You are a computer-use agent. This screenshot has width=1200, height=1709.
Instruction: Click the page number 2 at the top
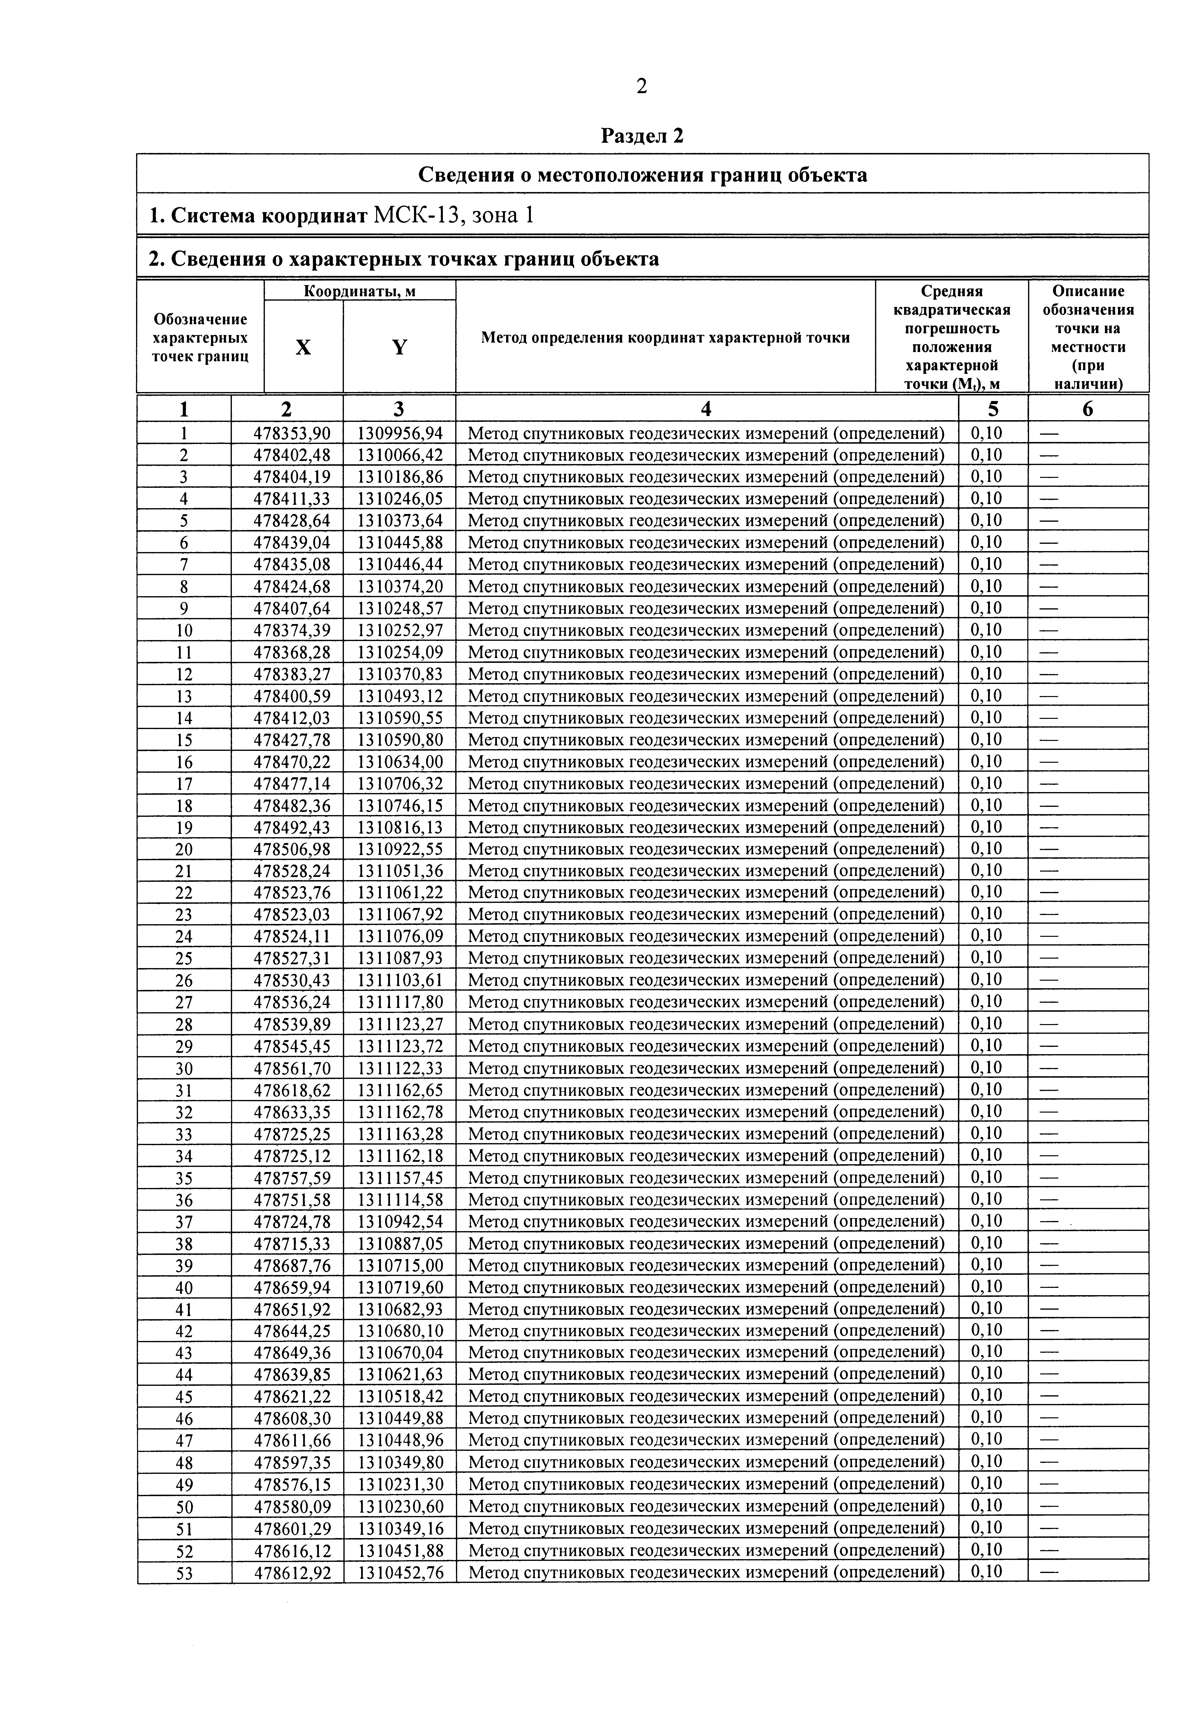tap(642, 87)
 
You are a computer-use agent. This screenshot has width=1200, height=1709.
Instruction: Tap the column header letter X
tap(303, 347)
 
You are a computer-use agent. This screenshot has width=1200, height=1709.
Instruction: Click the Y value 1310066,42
tap(400, 455)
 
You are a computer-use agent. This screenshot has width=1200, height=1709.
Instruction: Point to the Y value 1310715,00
tap(400, 1265)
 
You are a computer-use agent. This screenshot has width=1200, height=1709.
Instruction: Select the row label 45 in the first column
tap(184, 1396)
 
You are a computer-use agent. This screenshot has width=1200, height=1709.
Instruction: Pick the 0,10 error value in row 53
tap(986, 1571)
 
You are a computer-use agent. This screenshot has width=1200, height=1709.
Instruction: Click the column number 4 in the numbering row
tap(706, 409)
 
